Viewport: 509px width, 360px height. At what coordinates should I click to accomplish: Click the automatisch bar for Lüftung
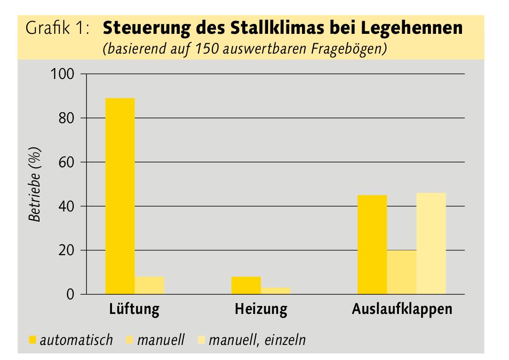(x=120, y=196)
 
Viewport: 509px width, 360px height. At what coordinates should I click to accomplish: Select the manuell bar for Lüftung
(x=150, y=285)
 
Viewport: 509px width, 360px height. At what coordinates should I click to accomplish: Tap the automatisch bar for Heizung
(x=246, y=285)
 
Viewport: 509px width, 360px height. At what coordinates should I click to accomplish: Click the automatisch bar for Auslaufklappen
(x=372, y=244)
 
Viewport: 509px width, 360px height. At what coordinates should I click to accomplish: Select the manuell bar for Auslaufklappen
(x=402, y=272)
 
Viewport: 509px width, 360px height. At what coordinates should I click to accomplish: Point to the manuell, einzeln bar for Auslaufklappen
(x=431, y=243)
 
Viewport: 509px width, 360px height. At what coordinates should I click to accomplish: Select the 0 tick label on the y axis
(x=71, y=295)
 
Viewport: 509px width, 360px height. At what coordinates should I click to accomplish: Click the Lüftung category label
(x=134, y=310)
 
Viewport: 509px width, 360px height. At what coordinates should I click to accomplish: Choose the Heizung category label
(x=261, y=310)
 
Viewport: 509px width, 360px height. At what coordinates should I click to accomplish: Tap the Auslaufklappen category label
(x=402, y=310)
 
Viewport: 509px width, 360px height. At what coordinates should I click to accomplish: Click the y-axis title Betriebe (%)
(x=35, y=184)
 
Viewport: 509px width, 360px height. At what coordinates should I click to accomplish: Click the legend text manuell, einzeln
(x=257, y=339)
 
